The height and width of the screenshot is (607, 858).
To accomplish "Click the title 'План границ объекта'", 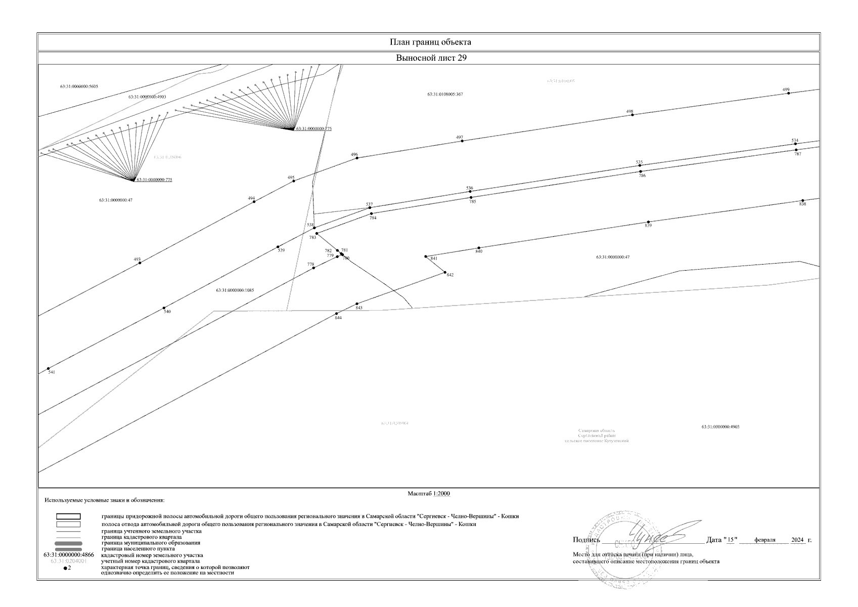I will click(x=430, y=42).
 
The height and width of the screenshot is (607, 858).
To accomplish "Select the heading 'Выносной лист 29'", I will click(x=431, y=58).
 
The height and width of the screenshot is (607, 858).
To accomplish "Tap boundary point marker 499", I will click(x=789, y=93).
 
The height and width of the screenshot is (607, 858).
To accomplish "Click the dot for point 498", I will click(x=633, y=115).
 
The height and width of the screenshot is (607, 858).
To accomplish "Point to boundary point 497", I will click(x=462, y=141).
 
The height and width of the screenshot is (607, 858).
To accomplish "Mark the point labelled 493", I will click(x=140, y=263).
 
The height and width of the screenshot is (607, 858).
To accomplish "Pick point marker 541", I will click(x=49, y=368).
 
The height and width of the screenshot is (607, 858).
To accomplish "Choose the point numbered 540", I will click(x=164, y=308).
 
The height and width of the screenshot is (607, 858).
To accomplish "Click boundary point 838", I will click(x=802, y=200).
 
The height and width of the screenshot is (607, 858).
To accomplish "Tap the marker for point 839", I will click(x=648, y=222).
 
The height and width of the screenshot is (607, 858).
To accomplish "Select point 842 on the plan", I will click(x=445, y=273).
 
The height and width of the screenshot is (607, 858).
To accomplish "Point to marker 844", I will click(x=337, y=313).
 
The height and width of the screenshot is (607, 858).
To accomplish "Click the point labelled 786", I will click(x=641, y=171).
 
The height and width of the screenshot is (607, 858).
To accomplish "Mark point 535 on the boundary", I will click(x=640, y=165).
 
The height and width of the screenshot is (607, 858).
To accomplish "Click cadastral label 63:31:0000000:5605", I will click(x=79, y=86).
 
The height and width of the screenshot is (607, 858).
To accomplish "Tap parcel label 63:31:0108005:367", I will click(x=445, y=95).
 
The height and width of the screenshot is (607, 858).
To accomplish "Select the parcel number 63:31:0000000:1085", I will click(x=235, y=290).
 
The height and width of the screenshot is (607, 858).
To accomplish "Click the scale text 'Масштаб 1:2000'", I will click(x=429, y=494).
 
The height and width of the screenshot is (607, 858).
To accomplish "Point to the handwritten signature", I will click(x=652, y=535).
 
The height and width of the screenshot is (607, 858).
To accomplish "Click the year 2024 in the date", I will click(x=797, y=540).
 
